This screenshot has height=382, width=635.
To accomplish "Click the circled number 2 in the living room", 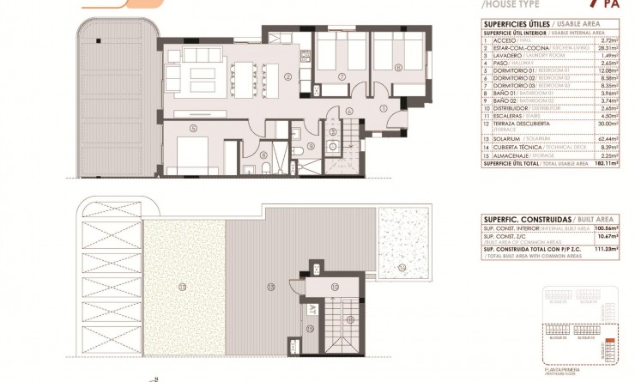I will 288,76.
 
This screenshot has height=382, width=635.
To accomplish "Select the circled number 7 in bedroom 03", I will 342,76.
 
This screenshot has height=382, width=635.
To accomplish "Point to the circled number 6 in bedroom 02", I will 398,67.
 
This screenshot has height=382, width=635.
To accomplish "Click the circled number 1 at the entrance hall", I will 384,106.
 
